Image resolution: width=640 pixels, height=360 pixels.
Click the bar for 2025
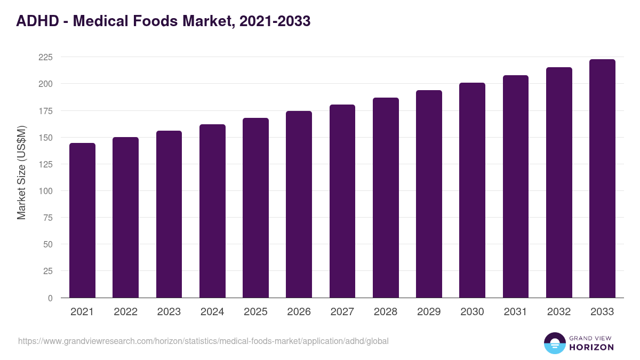click(255, 208)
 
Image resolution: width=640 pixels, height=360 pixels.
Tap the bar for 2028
click(386, 198)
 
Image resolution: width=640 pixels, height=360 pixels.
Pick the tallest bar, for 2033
click(602, 179)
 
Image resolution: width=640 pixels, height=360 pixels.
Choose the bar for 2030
click(472, 190)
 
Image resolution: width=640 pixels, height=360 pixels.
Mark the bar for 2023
click(169, 214)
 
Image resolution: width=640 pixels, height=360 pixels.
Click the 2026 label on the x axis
click(299, 312)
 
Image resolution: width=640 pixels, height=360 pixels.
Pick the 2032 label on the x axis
click(559, 312)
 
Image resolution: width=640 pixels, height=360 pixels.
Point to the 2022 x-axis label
click(125, 312)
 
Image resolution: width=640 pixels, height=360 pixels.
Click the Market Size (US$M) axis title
click(21, 172)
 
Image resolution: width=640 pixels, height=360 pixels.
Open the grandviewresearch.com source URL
click(203, 341)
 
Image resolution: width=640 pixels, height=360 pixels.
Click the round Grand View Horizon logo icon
click(554, 343)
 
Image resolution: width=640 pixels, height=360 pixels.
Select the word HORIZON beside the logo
click(591, 347)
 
